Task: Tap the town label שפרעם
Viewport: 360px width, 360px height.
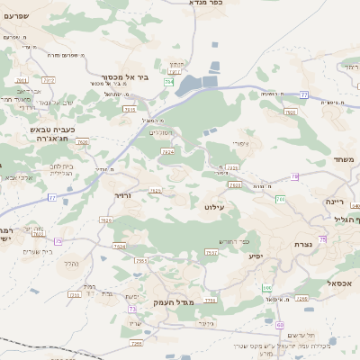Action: (x=18, y=16)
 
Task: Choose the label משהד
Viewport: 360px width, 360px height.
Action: (x=344, y=159)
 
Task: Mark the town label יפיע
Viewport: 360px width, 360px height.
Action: (x=256, y=256)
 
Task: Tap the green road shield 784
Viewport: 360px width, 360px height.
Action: (x=168, y=82)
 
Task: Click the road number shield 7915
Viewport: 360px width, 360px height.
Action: (x=129, y=109)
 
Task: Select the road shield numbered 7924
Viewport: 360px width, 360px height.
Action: (x=167, y=152)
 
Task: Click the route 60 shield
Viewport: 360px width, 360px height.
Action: (x=280, y=325)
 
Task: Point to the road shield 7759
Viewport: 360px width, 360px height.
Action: (x=210, y=300)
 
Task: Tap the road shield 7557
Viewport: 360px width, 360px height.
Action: (x=141, y=260)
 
